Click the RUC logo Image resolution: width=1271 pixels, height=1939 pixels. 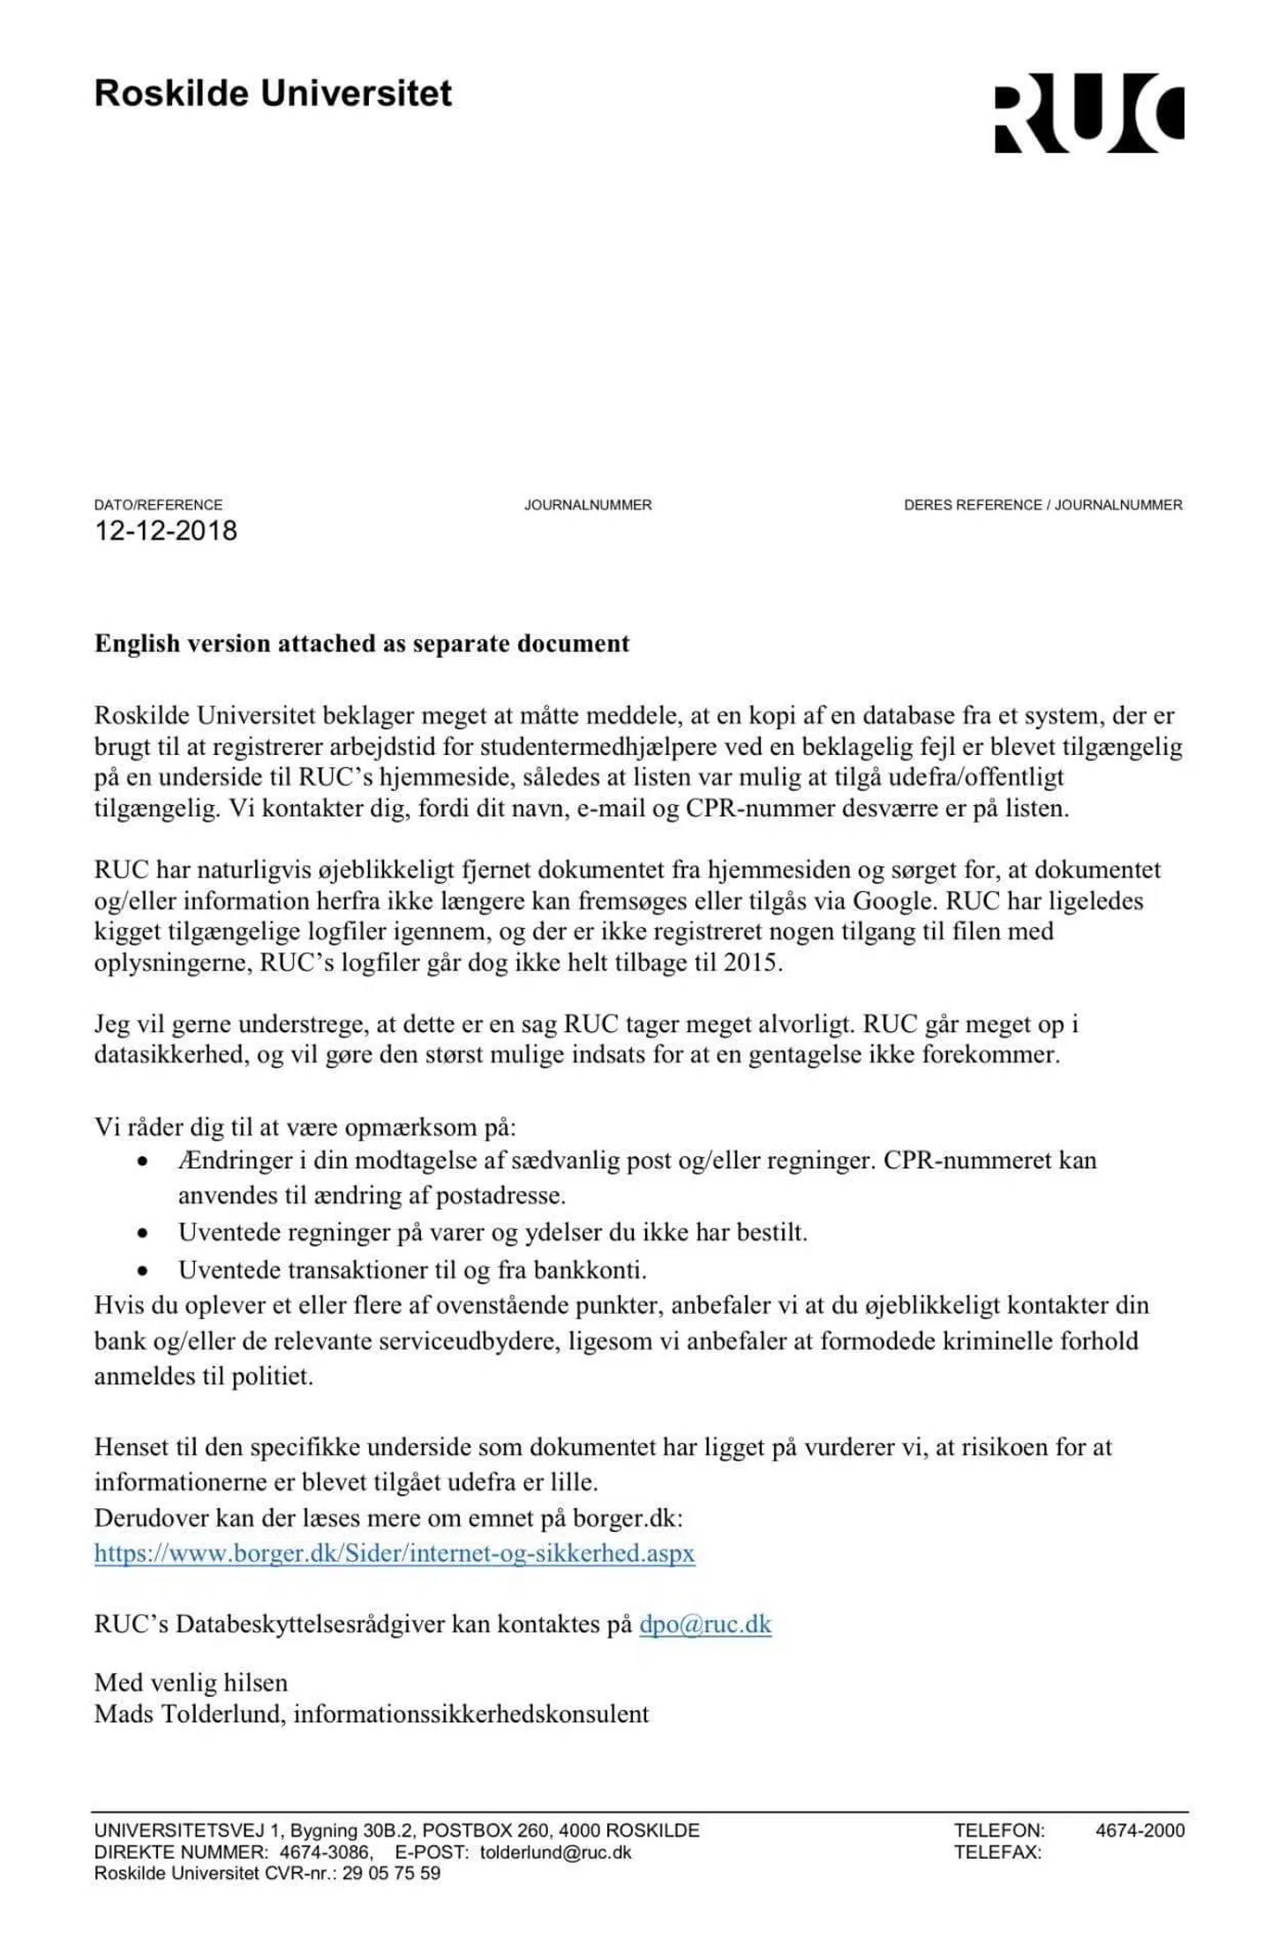pos(1088,113)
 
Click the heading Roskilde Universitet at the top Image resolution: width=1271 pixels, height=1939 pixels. pos(273,94)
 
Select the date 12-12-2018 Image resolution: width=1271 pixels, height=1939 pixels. pos(166,531)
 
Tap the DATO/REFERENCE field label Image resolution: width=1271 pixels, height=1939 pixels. pos(158,505)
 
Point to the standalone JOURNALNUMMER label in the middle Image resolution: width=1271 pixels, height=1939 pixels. pos(588,505)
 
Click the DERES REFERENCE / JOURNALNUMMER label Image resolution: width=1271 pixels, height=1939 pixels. pos(1042,505)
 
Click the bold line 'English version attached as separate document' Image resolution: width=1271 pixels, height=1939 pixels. pos(362,644)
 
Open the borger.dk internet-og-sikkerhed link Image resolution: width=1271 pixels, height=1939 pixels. pos(395,1553)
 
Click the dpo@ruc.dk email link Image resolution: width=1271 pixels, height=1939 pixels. pos(705,1625)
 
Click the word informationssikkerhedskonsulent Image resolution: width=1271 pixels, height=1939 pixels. pos(471,1714)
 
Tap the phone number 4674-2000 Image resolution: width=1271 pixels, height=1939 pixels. pos(1139,1830)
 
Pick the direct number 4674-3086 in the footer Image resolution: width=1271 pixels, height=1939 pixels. pos(326,1852)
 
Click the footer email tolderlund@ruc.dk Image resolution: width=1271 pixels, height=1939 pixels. pos(556,1852)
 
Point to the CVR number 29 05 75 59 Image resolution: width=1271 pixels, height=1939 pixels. pos(391,1873)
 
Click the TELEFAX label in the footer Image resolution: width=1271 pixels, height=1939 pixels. pos(997,1852)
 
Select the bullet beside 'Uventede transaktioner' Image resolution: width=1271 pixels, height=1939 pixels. pos(142,1271)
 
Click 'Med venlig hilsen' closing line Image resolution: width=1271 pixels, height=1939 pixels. pos(191,1682)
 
